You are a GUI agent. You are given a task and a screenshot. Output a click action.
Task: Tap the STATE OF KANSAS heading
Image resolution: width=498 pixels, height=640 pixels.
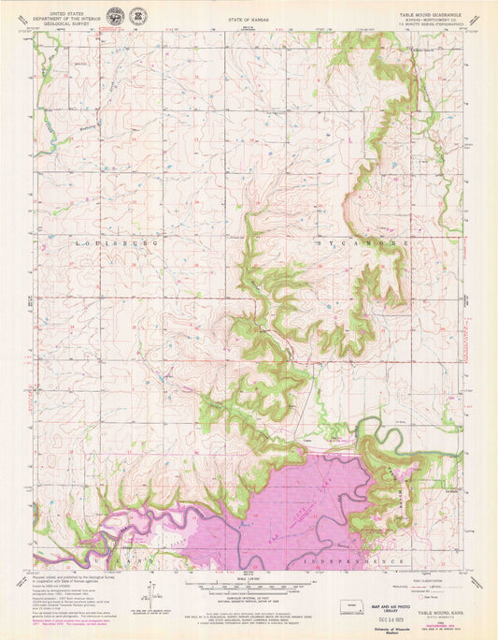247,18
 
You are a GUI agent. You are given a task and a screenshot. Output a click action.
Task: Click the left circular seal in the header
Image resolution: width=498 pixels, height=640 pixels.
115,16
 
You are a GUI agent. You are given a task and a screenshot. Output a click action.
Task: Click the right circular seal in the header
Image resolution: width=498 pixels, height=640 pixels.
139,16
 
